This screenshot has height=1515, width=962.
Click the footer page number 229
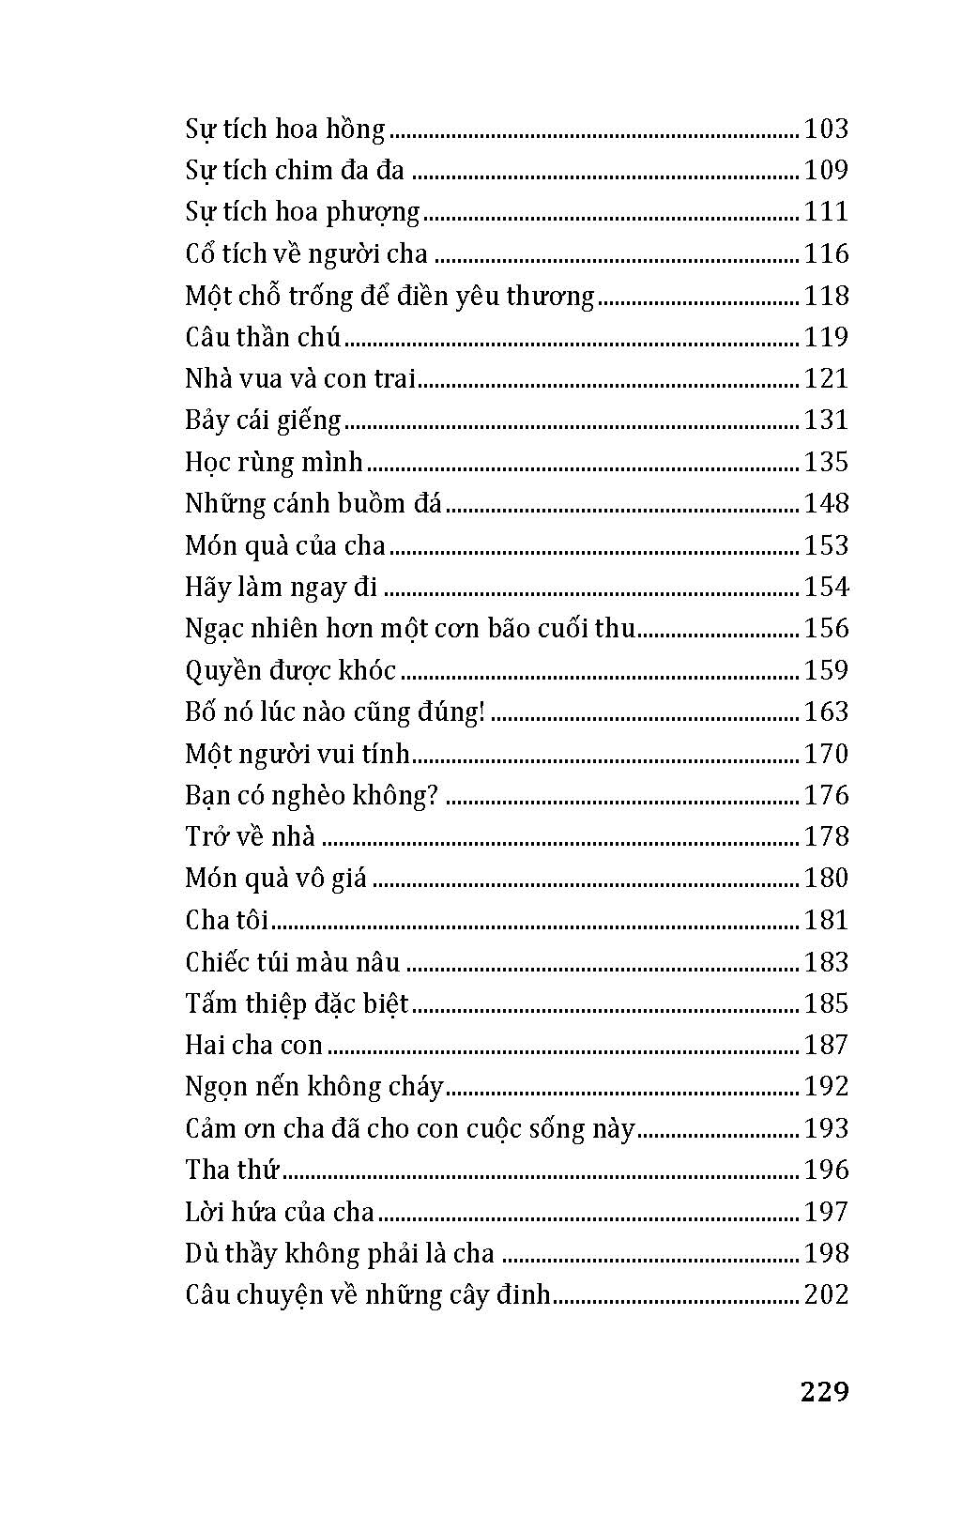click(x=824, y=1391)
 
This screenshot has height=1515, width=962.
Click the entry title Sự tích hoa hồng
click(x=285, y=129)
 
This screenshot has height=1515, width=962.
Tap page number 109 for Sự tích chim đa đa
click(x=826, y=170)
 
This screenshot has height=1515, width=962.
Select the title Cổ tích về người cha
click(x=306, y=253)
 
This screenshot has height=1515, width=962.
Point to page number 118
click(x=826, y=296)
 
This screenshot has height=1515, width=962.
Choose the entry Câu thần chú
click(x=263, y=337)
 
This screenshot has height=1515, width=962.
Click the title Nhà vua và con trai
click(x=300, y=378)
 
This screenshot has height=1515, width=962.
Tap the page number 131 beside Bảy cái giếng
click(x=826, y=420)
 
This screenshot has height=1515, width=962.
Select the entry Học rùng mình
click(x=274, y=462)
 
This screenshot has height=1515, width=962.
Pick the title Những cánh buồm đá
click(x=313, y=503)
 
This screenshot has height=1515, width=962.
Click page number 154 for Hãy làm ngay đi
click(x=826, y=587)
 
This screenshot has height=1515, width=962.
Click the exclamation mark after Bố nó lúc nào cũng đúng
click(x=481, y=712)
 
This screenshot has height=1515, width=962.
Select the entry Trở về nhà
click(x=250, y=836)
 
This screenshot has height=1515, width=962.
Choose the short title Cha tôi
click(x=227, y=920)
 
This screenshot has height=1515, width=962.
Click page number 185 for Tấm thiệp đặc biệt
click(x=826, y=1003)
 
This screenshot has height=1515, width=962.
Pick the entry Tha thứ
click(x=233, y=1170)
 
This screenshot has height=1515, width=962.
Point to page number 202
click(x=826, y=1294)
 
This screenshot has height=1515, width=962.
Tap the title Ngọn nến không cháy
click(x=313, y=1086)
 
